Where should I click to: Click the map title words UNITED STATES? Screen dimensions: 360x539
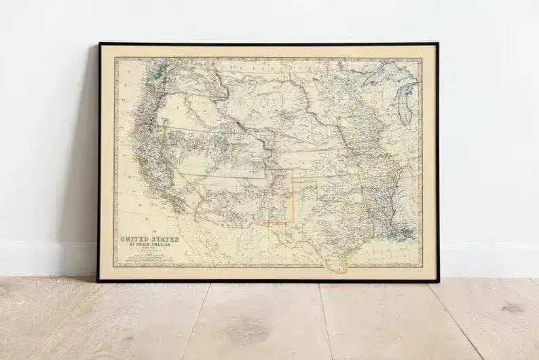[x=149, y=239]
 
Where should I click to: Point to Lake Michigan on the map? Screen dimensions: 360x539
[x=406, y=105]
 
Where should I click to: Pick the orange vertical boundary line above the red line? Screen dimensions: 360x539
[x=293, y=197]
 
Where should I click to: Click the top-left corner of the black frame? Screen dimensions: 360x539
[x=99, y=44]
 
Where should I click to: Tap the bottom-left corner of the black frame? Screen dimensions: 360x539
[x=99, y=281]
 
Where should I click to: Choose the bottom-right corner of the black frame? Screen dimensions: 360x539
[x=438, y=281]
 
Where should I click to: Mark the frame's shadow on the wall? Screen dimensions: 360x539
[x=87, y=170]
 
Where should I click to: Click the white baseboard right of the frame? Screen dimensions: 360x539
[x=489, y=262]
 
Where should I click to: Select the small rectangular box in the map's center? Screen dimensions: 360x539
[x=257, y=173]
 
